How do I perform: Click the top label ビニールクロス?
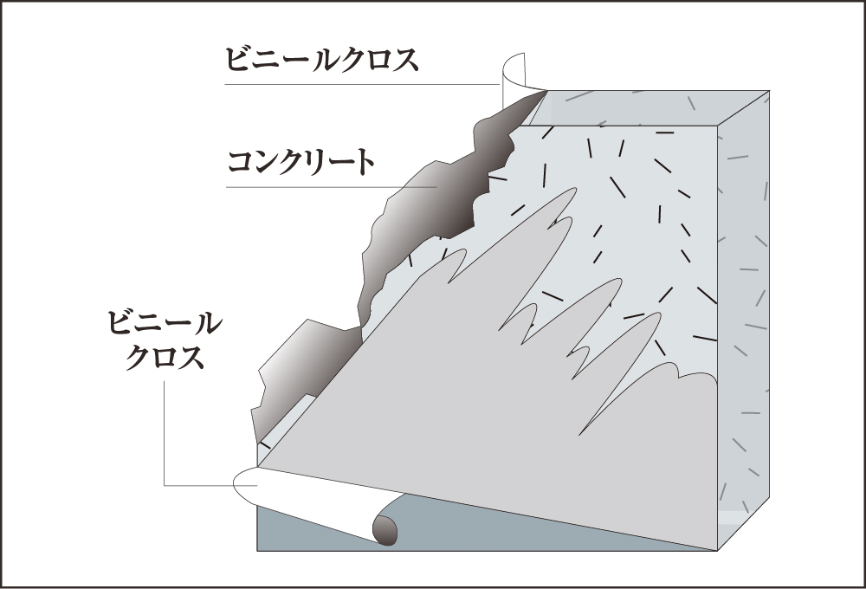(x=321, y=60)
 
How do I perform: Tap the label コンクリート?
(x=301, y=162)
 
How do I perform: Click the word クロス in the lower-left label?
(x=165, y=357)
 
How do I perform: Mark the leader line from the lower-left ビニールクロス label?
(x=164, y=433)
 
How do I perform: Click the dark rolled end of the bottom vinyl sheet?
(x=384, y=528)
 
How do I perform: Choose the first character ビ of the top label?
(x=238, y=60)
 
